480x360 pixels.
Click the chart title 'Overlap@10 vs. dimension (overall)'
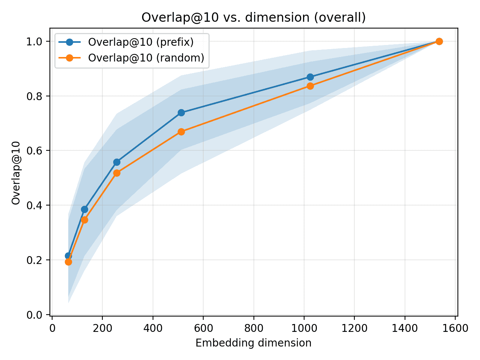tap(253, 18)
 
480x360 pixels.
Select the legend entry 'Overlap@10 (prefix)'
tap(141, 42)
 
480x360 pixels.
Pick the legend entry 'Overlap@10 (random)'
tap(146, 58)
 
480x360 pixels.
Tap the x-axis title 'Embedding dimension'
tap(253, 343)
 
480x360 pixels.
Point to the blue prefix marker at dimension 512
tap(181, 112)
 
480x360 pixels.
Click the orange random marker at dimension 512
tap(181, 132)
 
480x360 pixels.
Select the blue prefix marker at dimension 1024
tap(310, 77)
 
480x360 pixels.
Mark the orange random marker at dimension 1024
tap(310, 86)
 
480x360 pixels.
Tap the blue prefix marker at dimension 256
tap(117, 162)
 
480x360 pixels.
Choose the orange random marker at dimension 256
tap(117, 173)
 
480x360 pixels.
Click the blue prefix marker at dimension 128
tap(84, 209)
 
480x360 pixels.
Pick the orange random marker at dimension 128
tap(84, 220)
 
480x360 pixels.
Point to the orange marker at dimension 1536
tap(439, 41)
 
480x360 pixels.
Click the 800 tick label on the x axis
tap(253, 328)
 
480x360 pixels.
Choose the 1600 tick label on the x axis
tap(455, 328)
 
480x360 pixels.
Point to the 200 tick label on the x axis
tap(102, 328)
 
